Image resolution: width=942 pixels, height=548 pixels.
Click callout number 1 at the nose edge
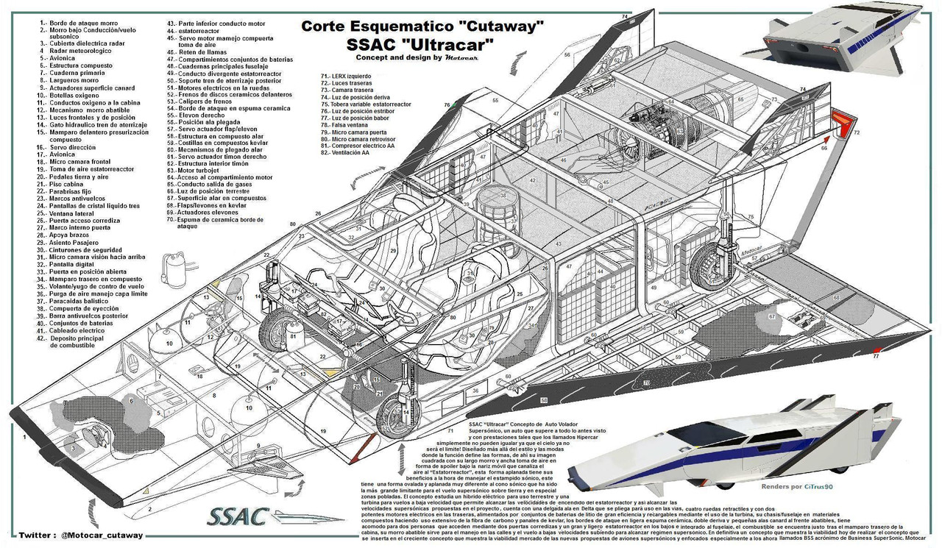(x=24, y=436)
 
